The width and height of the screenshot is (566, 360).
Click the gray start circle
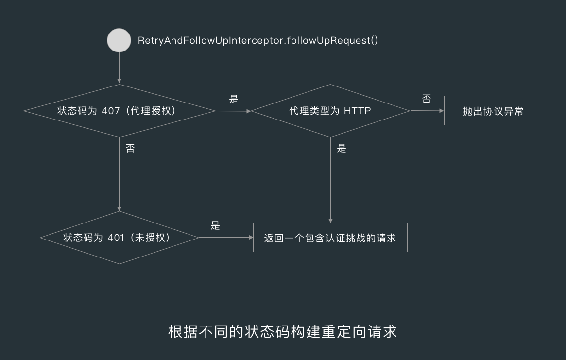point(119,40)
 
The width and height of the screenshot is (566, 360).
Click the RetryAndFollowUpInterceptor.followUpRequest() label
point(258,40)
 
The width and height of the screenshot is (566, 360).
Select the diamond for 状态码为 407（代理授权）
point(120,111)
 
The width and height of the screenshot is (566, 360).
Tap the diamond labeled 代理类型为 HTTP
point(330,111)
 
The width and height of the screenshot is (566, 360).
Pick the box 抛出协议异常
point(493,111)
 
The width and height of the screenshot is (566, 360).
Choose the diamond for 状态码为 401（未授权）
point(120,238)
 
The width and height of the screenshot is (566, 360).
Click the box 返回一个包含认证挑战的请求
point(330,238)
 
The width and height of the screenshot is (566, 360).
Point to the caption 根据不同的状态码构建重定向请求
point(282,331)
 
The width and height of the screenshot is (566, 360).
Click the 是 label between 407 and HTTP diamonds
point(234,100)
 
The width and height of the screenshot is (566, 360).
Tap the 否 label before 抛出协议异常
point(426,99)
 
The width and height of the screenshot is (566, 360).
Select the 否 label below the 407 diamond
point(130,149)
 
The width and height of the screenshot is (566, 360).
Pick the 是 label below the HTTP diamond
point(342,149)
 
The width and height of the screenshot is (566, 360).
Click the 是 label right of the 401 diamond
point(215,225)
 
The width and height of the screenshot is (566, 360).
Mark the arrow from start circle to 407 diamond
point(119,68)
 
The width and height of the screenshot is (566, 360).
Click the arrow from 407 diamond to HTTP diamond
point(233,111)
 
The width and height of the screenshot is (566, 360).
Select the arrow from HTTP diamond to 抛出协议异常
point(427,111)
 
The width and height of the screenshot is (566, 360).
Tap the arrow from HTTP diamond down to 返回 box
point(330,180)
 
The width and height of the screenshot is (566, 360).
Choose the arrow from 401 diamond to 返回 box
point(226,238)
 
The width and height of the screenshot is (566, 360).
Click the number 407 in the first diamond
point(110,111)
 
